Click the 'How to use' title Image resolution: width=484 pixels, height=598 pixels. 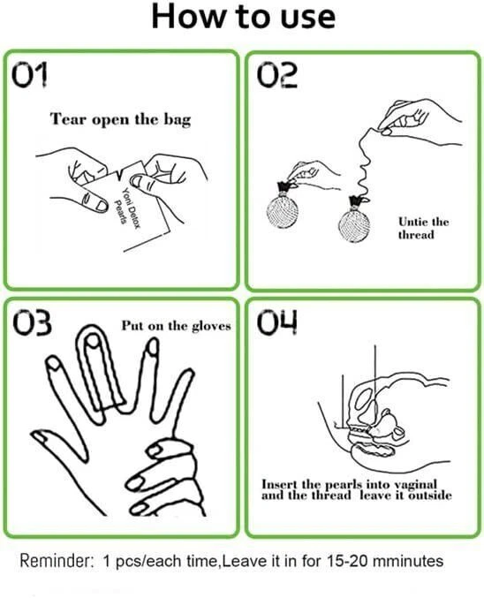pos(244,17)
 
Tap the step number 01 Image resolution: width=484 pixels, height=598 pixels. pos(30,75)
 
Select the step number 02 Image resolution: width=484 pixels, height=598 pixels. pos(277,75)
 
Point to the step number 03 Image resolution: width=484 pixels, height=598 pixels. pos(32,323)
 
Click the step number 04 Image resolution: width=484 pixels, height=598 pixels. pos(277,322)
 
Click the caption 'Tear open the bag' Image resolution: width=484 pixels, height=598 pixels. pos(120,119)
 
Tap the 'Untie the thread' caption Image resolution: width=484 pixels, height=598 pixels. pos(423,228)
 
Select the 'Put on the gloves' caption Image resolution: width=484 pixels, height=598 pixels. pos(177,326)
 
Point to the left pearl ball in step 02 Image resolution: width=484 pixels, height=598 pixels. pos(283,212)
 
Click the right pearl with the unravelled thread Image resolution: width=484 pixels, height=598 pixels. pos(354,226)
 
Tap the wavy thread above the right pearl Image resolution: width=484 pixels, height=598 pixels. pos(363,164)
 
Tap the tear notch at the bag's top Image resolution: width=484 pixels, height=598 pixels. pos(121,173)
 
